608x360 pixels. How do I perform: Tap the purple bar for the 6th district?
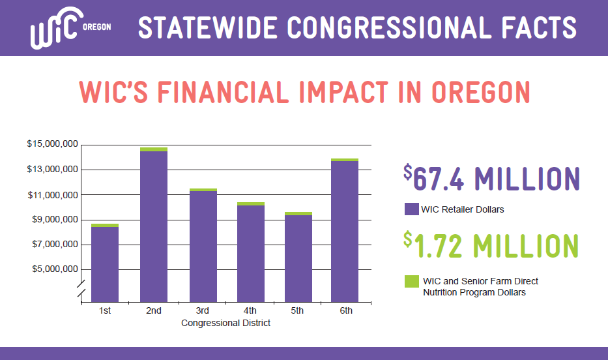345,232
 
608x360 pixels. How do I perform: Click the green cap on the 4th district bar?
251,204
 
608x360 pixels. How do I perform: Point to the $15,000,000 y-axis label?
53,144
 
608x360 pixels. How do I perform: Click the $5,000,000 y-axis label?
55,269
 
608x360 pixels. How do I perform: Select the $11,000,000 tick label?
53,195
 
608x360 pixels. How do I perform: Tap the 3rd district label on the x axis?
202,310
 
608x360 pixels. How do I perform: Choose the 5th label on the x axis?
297,310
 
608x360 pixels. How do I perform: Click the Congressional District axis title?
225,323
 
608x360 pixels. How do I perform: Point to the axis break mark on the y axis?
81,291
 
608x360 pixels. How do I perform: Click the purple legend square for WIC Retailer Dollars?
411,209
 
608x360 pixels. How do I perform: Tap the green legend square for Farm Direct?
411,281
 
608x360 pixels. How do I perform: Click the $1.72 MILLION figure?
491,245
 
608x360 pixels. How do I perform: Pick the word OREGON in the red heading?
481,93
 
